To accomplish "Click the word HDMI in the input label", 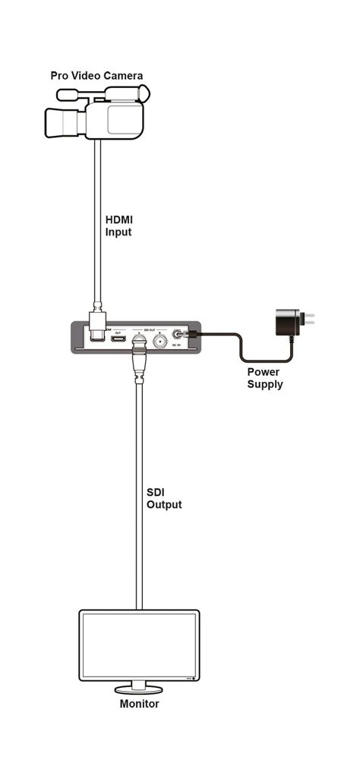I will [x=118, y=220].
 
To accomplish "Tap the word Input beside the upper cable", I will [x=118, y=232].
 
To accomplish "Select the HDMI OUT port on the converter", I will [x=118, y=338].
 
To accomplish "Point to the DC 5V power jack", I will [x=178, y=335].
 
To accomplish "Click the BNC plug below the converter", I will [x=139, y=360].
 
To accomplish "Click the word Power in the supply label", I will [x=264, y=373].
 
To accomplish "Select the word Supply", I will [x=264, y=384].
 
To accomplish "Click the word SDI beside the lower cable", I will [x=155, y=493].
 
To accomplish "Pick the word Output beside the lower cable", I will [x=164, y=505].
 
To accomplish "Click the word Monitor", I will [x=140, y=704].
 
